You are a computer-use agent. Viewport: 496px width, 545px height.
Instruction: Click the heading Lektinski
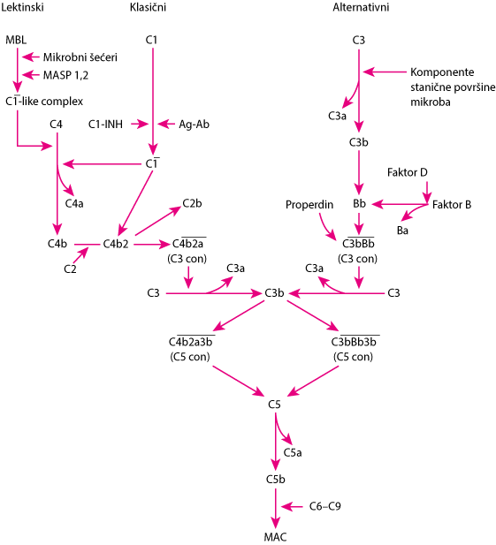click(22, 7)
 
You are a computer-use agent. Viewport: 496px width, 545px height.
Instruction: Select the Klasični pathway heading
click(148, 7)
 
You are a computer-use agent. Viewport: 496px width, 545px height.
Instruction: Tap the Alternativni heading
click(361, 7)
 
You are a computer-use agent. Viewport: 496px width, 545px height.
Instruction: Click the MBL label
click(16, 40)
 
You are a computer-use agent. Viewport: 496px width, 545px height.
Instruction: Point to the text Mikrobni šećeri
click(80, 57)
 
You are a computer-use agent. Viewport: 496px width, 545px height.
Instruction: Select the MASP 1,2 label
click(65, 75)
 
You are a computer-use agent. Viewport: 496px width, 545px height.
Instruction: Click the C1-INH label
click(105, 124)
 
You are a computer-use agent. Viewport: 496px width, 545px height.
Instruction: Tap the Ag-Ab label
click(195, 125)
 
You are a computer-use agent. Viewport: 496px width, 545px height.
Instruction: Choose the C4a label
click(74, 203)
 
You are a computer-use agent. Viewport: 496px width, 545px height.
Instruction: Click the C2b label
click(192, 203)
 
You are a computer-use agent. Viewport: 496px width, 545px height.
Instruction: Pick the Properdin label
click(309, 205)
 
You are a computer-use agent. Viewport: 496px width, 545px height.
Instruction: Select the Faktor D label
click(408, 172)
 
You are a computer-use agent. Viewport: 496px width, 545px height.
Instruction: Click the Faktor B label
click(452, 205)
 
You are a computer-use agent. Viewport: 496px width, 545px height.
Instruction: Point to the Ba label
click(402, 231)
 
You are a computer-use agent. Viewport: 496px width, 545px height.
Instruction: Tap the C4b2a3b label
click(191, 342)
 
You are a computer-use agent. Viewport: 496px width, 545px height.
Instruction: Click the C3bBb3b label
click(354, 342)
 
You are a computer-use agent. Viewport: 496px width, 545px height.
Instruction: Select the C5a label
click(293, 452)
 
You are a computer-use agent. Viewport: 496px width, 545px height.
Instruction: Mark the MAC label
click(275, 537)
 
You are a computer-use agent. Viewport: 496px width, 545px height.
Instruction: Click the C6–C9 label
click(324, 506)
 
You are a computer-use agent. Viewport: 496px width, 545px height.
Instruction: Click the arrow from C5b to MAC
click(276, 509)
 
